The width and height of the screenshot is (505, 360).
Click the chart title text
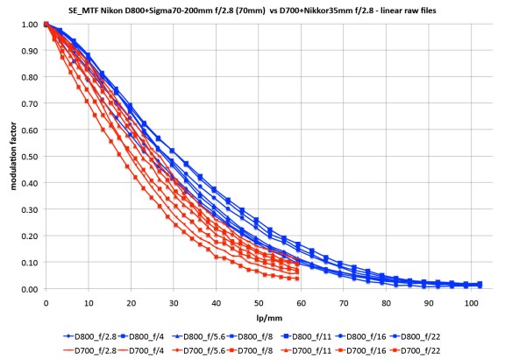click(252, 11)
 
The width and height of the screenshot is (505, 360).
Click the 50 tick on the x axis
click(258, 300)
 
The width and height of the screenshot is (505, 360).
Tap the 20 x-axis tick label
click(131, 300)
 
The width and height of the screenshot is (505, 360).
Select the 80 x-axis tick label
click(386, 300)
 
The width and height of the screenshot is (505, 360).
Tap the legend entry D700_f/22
click(448, 349)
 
